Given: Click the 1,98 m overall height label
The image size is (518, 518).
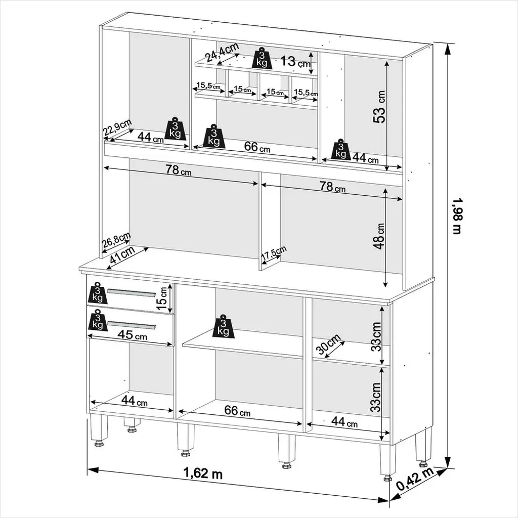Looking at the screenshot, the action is pyautogui.click(x=457, y=216).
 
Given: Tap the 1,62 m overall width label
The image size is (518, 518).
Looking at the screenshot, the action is pyautogui.click(x=203, y=473).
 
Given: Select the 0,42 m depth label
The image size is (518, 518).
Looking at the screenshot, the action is pyautogui.click(x=415, y=480).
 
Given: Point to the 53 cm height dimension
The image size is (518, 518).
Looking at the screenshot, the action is pyautogui.click(x=379, y=106).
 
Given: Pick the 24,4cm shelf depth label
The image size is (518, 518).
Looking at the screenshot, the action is pyautogui.click(x=222, y=52).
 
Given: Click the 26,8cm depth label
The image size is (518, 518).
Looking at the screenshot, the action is pyautogui.click(x=116, y=240).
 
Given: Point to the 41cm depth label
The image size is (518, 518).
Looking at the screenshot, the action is pyautogui.click(x=122, y=254).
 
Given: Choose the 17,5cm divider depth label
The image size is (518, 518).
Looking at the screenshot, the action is pyautogui.click(x=274, y=253).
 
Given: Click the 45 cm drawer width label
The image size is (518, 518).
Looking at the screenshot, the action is pyautogui.click(x=132, y=335).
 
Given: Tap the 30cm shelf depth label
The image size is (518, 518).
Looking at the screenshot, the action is pyautogui.click(x=328, y=343).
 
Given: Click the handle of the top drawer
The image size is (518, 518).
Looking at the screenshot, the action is pyautogui.click(x=132, y=293).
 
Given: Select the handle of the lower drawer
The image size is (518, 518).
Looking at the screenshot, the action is pyautogui.click(x=132, y=325).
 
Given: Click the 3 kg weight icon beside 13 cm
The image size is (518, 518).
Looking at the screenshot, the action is pyautogui.click(x=263, y=59).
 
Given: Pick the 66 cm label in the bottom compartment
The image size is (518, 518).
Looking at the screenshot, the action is pyautogui.click(x=237, y=411).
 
